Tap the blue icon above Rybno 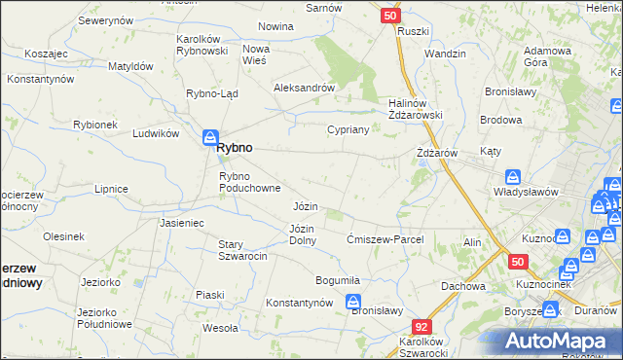210,138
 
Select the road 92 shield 421,328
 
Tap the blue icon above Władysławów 513,177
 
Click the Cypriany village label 347,128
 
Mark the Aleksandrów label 305,87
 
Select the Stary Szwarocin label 242,249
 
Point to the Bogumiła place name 338,280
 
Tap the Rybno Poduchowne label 250,181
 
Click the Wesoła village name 219,328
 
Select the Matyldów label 130,66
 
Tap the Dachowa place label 462,286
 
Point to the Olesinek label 63,236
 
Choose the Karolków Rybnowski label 202,45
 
